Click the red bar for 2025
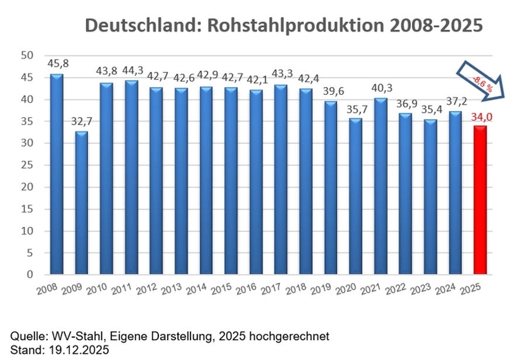point(480,200)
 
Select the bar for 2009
point(82,203)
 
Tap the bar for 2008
point(57,174)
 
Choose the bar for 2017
point(281,179)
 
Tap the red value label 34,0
point(480,117)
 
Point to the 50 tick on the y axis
point(26,56)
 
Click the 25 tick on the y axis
point(26,165)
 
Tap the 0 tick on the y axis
point(30,275)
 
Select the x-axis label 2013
point(169,290)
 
